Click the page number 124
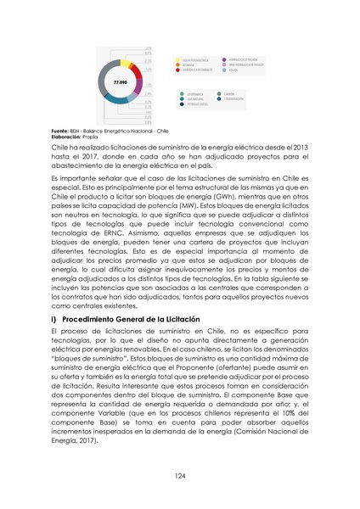pyautogui.click(x=179, y=477)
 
